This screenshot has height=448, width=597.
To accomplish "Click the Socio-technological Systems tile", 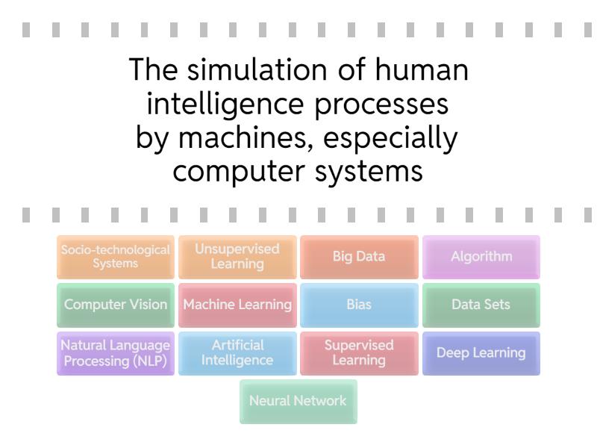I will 116,257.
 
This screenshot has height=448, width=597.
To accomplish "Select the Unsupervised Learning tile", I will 237,257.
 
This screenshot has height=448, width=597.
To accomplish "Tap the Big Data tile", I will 359,257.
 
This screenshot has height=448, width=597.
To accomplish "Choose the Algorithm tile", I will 481,257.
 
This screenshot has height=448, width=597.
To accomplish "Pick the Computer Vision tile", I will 116,305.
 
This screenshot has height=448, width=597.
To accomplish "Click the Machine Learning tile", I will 237,305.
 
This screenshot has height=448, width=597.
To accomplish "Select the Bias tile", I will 359,305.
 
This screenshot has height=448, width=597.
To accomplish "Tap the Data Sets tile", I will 481,305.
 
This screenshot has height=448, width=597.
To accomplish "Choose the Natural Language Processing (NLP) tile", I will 116,352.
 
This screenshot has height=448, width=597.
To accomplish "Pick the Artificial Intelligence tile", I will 237,352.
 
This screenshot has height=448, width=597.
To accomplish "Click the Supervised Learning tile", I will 359,352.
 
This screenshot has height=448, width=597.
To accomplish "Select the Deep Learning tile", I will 481,352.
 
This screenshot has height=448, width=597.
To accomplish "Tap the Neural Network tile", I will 298,401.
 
